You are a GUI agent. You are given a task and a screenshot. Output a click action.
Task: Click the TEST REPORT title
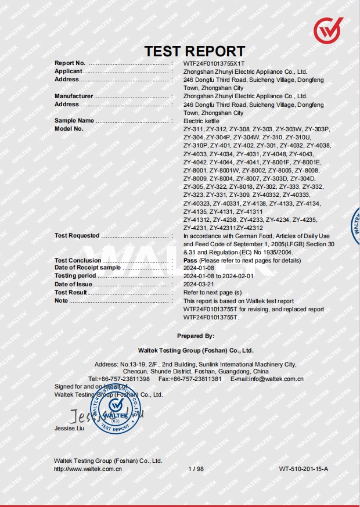195,51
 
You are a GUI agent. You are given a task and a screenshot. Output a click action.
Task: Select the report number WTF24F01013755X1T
214,63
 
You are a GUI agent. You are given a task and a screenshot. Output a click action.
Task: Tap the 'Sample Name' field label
74,121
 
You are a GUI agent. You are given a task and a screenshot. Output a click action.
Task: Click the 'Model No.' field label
69,129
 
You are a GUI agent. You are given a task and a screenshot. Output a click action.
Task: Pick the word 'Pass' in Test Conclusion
190,261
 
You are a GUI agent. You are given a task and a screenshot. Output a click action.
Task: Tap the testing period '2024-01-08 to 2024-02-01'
218,276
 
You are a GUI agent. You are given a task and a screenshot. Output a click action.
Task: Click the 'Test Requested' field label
77,236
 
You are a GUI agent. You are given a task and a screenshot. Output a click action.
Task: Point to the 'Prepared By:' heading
196,336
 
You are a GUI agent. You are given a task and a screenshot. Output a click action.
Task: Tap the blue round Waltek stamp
116,408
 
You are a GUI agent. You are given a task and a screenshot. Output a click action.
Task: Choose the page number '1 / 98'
196,468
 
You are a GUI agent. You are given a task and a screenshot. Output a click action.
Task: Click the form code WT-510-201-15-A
303,468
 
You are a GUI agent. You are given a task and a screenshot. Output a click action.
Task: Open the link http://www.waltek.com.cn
88,468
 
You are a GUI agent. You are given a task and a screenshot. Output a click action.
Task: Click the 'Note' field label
61,301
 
